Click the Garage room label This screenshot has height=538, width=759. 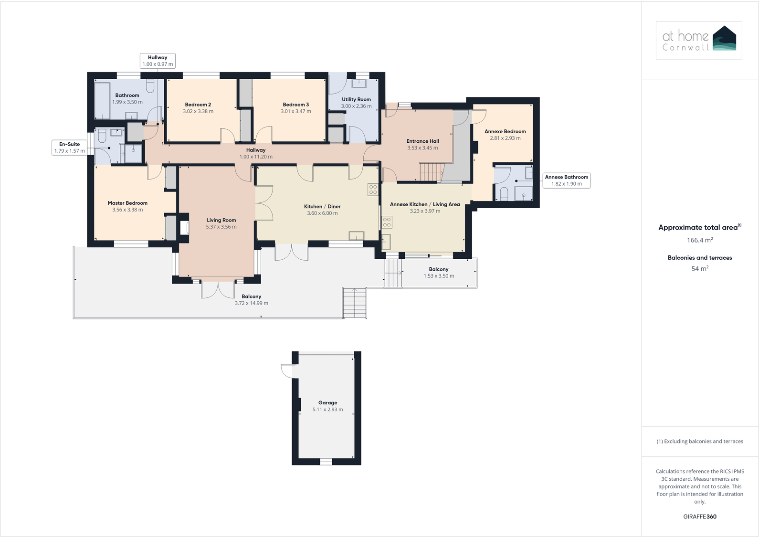(327, 402)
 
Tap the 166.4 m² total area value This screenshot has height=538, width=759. (700, 240)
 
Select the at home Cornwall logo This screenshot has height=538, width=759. (699, 40)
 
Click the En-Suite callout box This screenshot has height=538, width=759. (70, 148)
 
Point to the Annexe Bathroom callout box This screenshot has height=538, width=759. (567, 180)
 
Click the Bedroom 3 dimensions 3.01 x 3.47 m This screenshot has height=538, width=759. (295, 111)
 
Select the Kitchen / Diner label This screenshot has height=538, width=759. (322, 206)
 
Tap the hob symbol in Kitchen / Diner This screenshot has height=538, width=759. (373, 189)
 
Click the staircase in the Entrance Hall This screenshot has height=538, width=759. (432, 172)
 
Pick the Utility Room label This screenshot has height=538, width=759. (356, 99)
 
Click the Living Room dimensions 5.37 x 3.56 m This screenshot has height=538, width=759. (221, 227)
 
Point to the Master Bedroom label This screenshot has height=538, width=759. (127, 203)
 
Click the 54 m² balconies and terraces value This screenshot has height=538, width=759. (700, 269)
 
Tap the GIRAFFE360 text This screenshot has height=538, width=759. (700, 517)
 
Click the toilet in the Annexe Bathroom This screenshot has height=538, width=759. (504, 193)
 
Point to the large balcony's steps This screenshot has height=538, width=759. (354, 304)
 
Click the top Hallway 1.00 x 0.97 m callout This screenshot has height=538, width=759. (158, 61)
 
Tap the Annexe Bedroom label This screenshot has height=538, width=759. (505, 131)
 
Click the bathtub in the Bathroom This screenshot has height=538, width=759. (103, 100)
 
